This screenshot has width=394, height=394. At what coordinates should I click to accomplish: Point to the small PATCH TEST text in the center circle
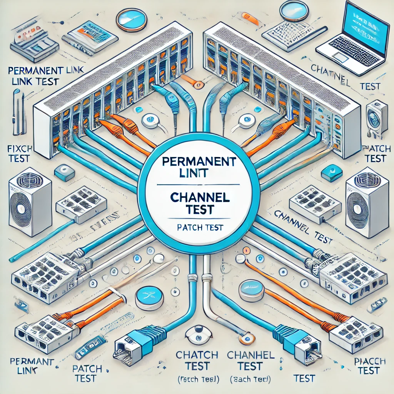pyautogui.click(x=200, y=227)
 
